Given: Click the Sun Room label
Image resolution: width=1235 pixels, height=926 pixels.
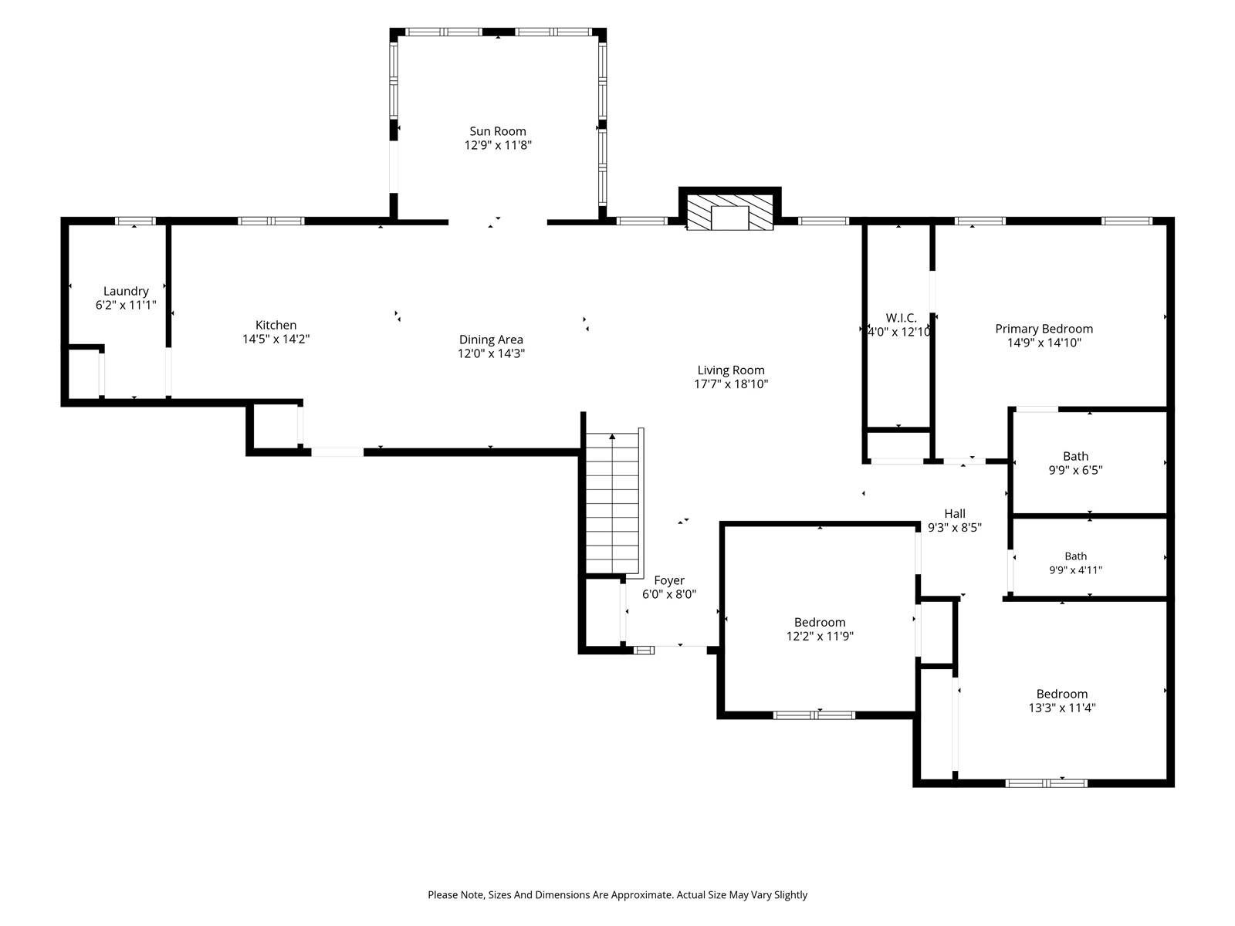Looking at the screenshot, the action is [497, 131].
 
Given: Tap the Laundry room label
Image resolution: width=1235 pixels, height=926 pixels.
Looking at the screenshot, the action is [126, 291].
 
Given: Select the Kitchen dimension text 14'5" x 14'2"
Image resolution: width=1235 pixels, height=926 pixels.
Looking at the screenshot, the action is [276, 339].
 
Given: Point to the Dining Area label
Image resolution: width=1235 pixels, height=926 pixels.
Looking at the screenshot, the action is [491, 340].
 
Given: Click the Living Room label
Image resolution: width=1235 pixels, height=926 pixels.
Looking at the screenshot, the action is [731, 370].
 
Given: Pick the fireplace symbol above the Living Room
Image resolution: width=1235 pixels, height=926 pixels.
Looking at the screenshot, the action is [729, 212].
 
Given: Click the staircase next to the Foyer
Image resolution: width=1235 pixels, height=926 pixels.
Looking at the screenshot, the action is [612, 502].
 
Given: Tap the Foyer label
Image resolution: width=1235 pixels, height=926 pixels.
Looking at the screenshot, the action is [669, 580].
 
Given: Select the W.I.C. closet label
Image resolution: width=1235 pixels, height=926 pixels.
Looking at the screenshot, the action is [901, 318].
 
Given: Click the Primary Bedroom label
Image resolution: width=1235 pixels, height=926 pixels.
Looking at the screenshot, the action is [1044, 329].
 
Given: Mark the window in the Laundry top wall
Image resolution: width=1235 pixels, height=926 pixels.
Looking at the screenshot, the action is [135, 221].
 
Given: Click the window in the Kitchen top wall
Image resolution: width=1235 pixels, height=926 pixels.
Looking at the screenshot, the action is [271, 221].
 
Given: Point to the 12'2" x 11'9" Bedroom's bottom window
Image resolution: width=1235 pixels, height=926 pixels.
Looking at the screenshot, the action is [814, 715].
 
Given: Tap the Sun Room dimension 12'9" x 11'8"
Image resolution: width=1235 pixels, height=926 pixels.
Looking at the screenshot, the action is [497, 145].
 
